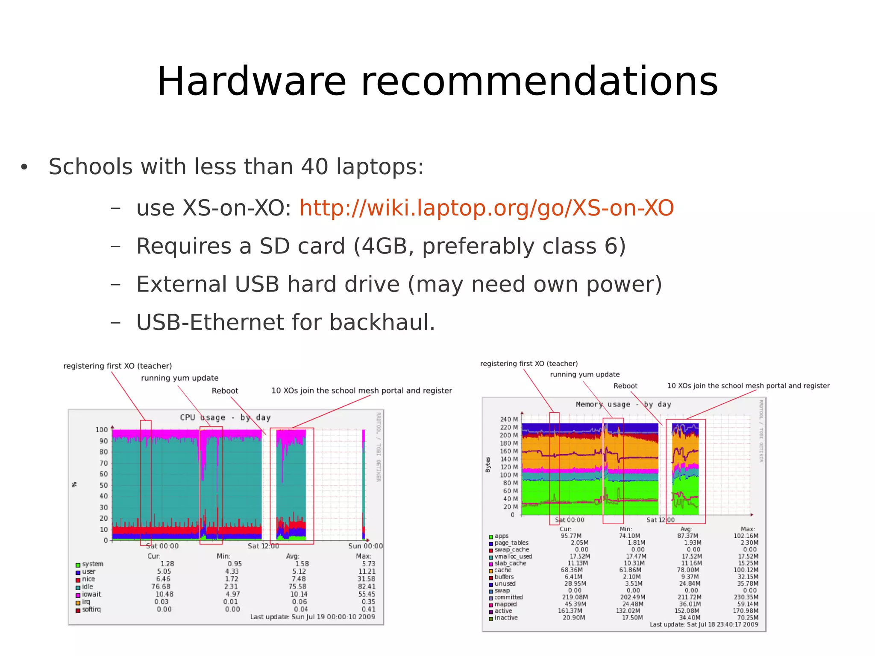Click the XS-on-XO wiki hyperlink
point(486,208)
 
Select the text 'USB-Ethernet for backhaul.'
point(285,322)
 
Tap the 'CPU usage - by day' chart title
point(225,417)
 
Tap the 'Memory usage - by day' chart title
point(623,404)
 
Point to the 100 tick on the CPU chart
point(102,430)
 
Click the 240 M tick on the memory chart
point(509,419)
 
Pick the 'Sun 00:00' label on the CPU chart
point(365,546)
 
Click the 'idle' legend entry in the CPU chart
point(87,587)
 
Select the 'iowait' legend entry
point(91,594)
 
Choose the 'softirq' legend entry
point(91,609)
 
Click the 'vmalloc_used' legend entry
point(513,557)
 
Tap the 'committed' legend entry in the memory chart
point(508,598)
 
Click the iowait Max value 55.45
point(367,594)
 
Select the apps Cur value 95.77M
point(571,536)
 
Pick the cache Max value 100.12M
point(746,570)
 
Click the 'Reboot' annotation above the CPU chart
point(225,391)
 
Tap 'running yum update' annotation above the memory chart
point(584,375)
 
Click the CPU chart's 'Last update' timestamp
point(312,617)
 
